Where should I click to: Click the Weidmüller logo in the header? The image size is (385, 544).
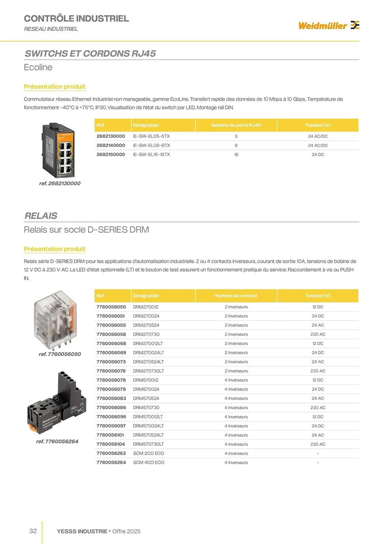click(329, 26)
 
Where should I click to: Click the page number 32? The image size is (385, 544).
click(33, 531)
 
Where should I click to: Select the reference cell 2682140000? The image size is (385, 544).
click(111, 145)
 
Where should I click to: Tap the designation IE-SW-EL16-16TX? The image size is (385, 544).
click(151, 154)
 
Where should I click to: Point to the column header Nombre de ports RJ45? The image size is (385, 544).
click(236, 125)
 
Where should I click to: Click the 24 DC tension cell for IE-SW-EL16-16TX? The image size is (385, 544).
click(318, 154)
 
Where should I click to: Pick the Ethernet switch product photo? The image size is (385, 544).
click(58, 150)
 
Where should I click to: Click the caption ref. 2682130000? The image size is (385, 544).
click(60, 183)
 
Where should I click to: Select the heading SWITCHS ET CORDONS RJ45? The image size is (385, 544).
click(90, 54)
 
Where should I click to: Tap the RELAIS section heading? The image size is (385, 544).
click(41, 216)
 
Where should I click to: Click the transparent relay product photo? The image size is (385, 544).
click(56, 320)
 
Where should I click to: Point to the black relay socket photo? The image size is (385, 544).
click(57, 403)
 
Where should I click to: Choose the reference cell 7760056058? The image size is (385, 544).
click(111, 334)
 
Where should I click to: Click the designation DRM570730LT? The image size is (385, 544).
click(148, 444)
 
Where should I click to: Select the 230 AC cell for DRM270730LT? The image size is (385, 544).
click(318, 371)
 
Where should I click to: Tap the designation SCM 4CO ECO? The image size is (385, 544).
click(148, 462)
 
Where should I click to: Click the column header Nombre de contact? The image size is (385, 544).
click(236, 296)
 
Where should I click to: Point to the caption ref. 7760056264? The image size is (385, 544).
click(57, 441)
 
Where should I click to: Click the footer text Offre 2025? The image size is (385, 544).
click(126, 531)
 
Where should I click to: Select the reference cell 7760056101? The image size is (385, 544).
click(110, 435)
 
